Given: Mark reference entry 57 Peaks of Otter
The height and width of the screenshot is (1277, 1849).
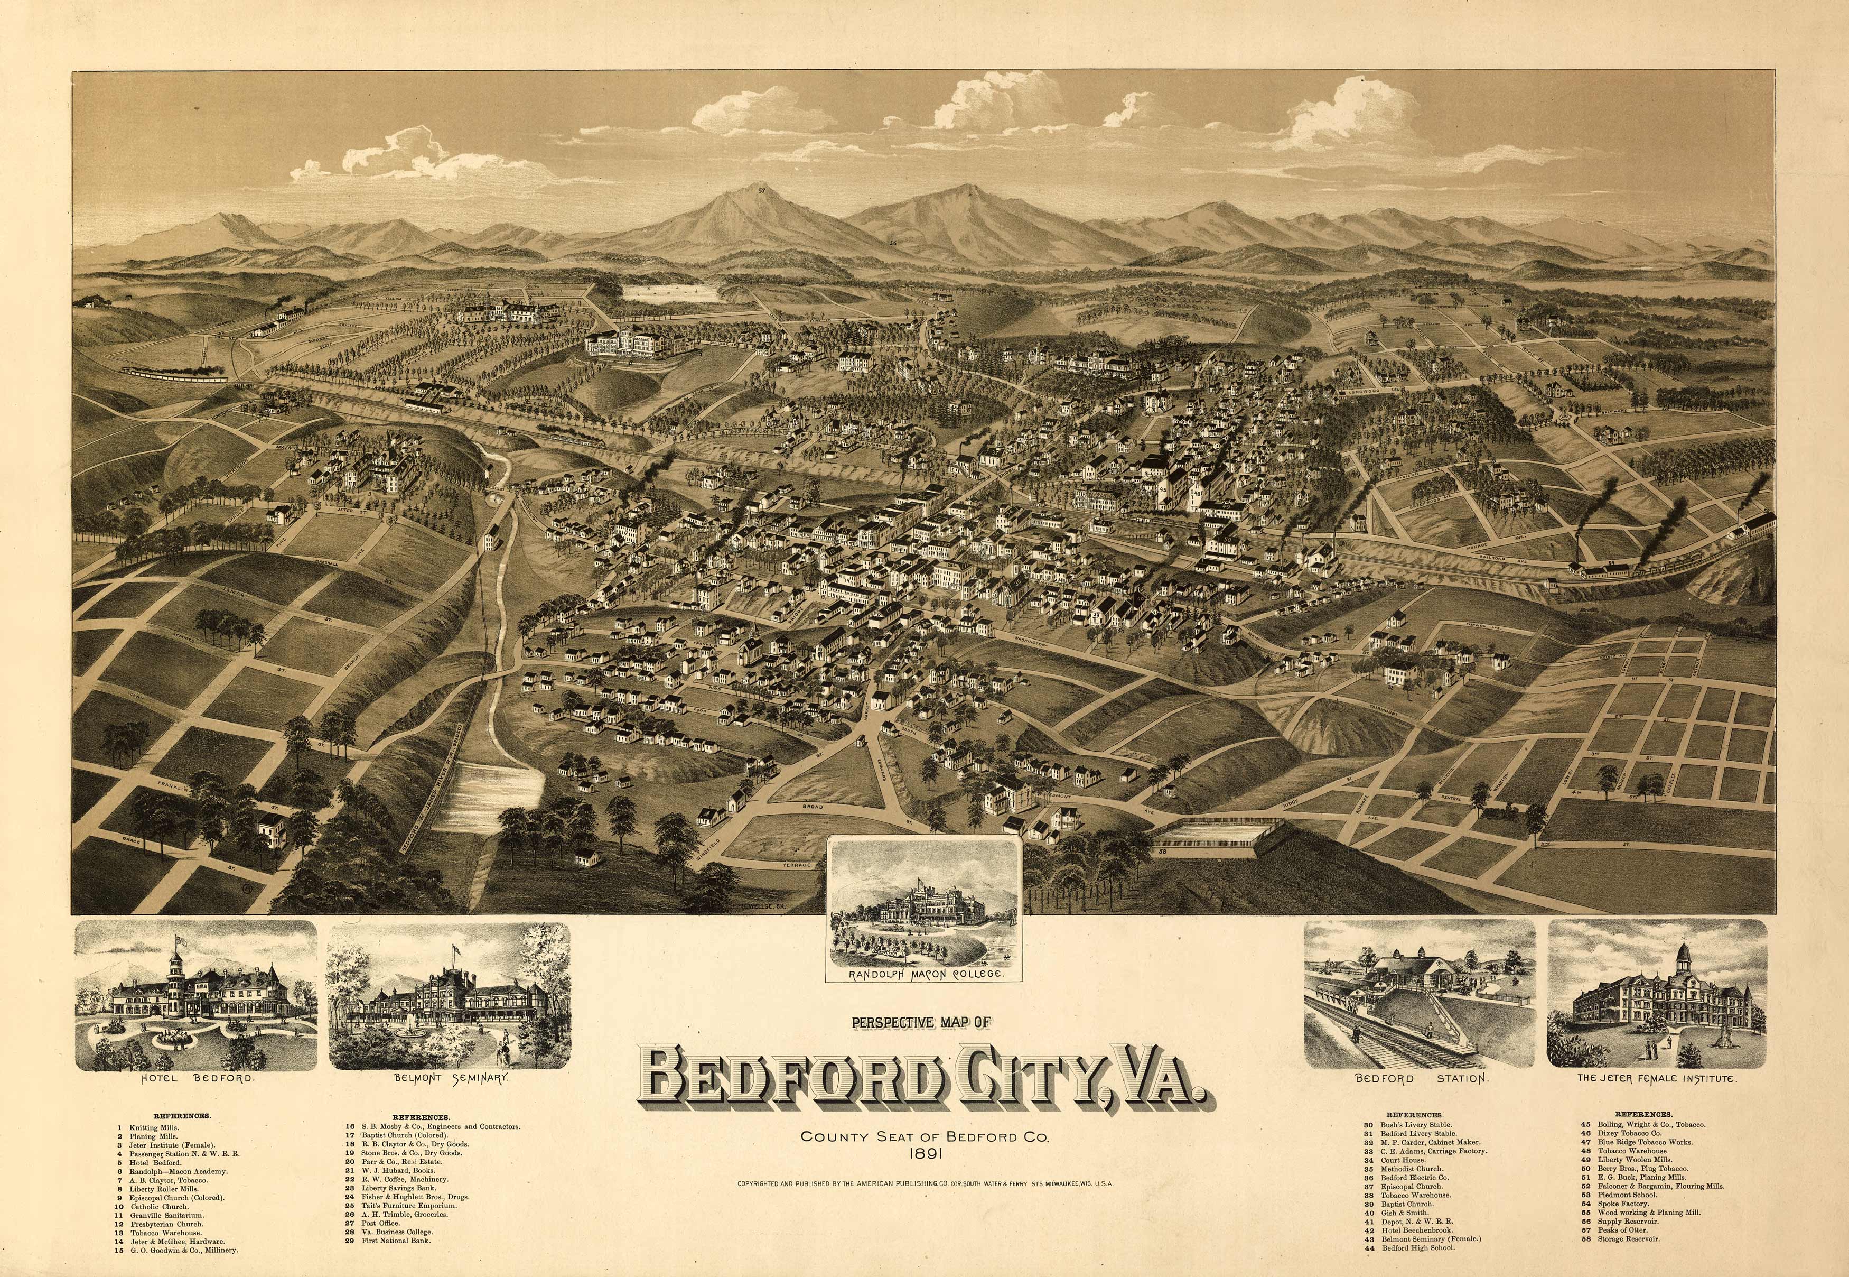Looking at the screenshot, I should tap(1623, 1230).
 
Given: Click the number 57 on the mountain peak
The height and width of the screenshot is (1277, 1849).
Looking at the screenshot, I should tap(762, 190).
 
